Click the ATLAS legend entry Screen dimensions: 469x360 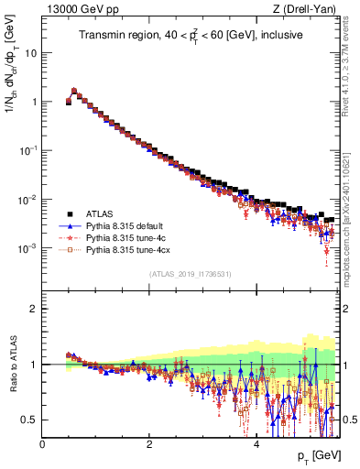click(99, 212)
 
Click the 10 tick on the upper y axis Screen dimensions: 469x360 click(31, 52)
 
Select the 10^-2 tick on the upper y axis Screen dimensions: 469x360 click(27, 200)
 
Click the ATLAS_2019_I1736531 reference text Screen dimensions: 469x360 click(191, 274)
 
